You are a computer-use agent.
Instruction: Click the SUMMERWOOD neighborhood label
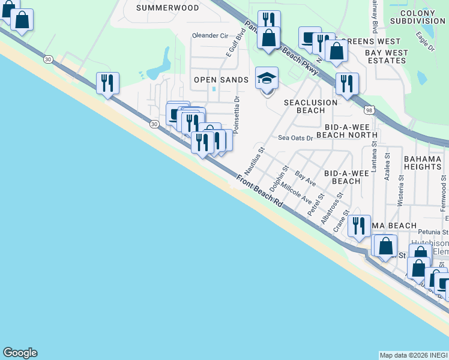(x=159, y=8)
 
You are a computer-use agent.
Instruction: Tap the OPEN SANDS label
(x=221, y=80)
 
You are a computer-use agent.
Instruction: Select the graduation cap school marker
(x=267, y=79)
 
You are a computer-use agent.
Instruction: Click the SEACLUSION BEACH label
(x=311, y=106)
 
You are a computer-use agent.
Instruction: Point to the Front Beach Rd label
(x=259, y=191)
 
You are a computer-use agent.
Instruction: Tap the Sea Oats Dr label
(x=295, y=137)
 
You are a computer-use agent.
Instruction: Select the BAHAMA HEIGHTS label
(x=423, y=162)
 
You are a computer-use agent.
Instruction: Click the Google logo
(x=20, y=353)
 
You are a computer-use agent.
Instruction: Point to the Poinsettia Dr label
(x=237, y=114)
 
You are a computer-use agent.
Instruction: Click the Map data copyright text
(x=413, y=355)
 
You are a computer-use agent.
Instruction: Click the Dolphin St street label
(x=279, y=179)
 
